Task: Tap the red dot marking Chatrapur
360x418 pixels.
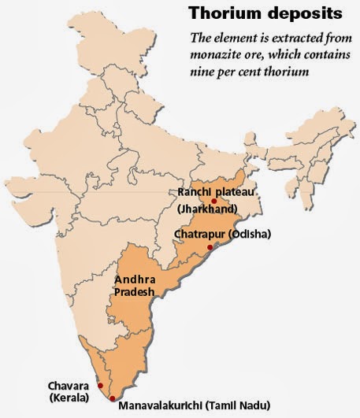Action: coord(209,248)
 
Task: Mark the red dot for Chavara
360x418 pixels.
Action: coord(99,385)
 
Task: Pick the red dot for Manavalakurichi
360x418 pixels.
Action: coord(113,398)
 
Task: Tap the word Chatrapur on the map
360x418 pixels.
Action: coord(197,235)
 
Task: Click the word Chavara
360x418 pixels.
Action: coord(69,385)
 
